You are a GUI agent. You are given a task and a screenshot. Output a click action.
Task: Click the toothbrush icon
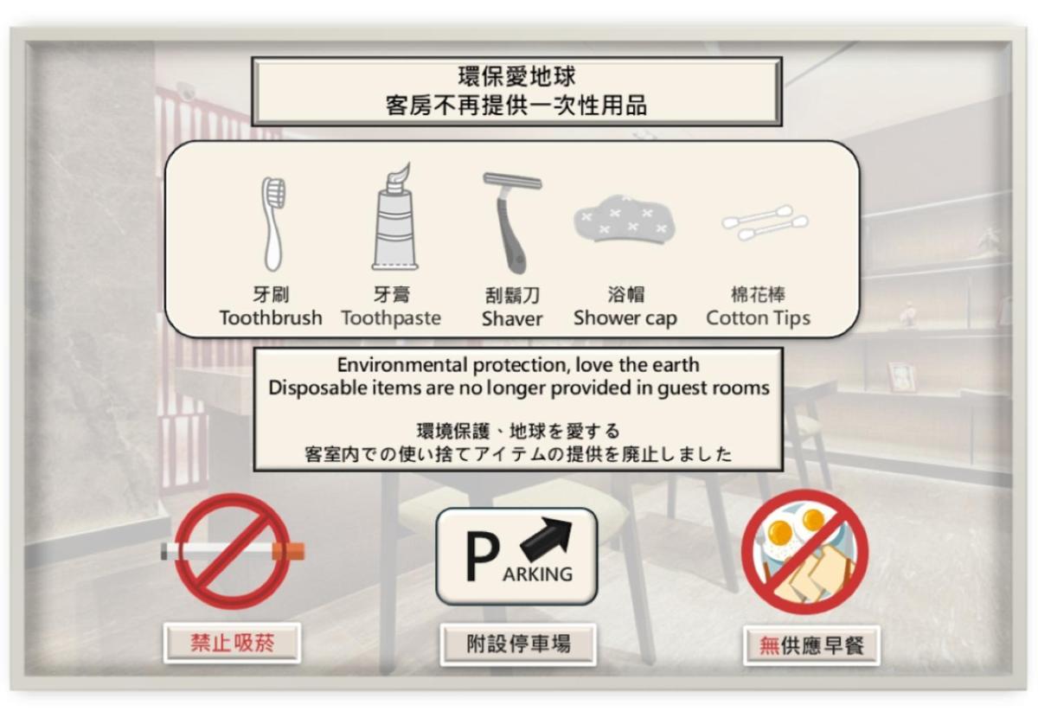[273, 223]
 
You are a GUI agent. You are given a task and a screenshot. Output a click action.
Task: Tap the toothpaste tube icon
[394, 217]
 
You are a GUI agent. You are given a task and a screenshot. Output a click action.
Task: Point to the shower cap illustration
[625, 218]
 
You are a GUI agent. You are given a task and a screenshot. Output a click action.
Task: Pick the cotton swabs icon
[765, 222]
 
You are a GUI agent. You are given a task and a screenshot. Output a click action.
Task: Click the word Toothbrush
[271, 318]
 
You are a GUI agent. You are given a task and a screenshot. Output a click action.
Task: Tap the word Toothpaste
[392, 318]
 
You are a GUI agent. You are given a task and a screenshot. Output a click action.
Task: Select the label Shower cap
[625, 318]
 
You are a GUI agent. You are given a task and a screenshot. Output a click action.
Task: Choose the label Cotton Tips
[758, 318]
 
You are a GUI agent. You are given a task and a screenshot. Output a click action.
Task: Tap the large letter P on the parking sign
[482, 556]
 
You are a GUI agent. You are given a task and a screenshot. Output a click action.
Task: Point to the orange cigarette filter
[288, 552]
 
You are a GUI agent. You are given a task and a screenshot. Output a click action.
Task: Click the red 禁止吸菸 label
[232, 643]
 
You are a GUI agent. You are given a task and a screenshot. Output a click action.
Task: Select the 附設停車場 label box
[518, 644]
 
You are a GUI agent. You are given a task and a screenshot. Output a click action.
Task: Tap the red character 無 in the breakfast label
[769, 645]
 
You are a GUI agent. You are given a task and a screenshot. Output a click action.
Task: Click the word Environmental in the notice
[401, 365]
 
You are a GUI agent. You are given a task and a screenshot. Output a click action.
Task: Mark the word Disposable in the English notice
[318, 388]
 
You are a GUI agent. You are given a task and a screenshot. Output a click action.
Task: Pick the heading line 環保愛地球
[517, 76]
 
